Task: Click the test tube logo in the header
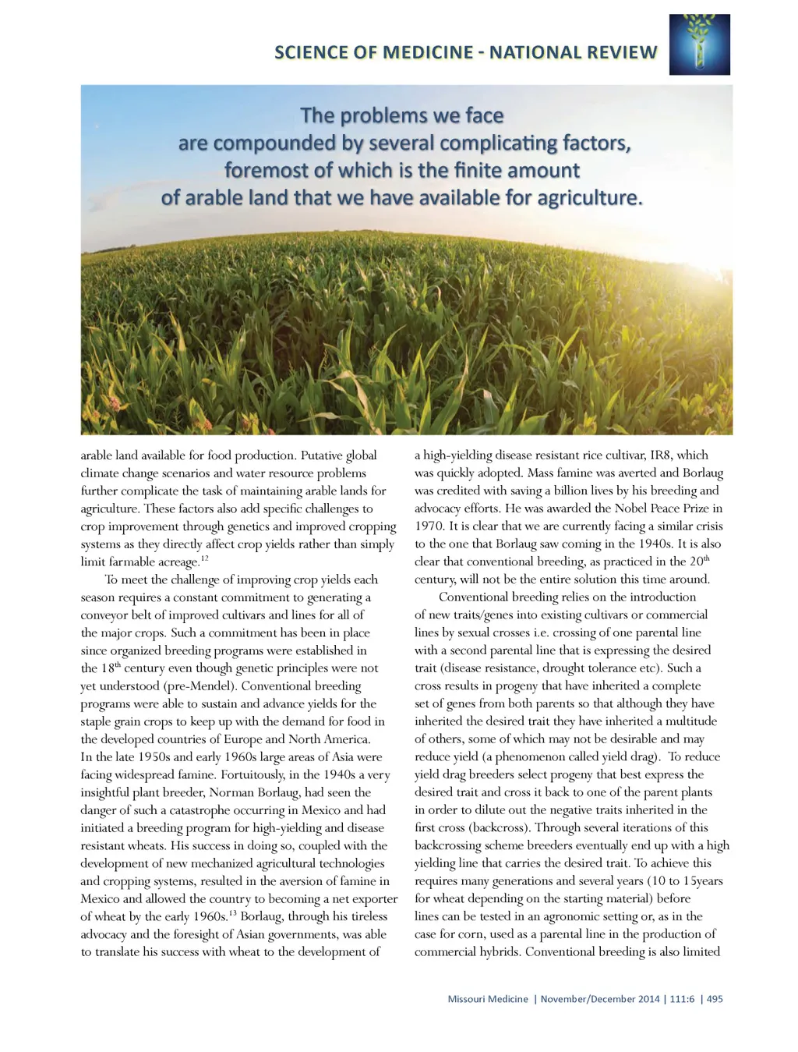click(699, 44)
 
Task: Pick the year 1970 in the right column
click(429, 526)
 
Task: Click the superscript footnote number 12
click(204, 558)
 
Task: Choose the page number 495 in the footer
click(714, 999)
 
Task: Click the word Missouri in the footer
click(466, 999)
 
